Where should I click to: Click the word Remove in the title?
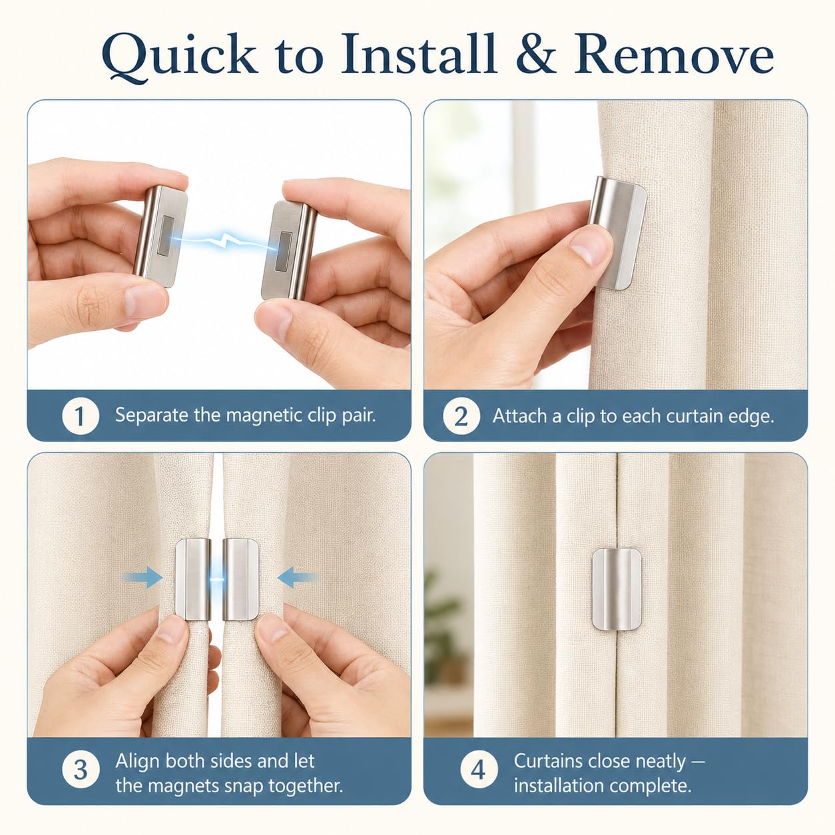[674, 54]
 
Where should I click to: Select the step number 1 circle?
[81, 416]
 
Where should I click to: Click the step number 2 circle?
[461, 416]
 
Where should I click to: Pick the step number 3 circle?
[81, 770]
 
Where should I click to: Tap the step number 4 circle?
[479, 770]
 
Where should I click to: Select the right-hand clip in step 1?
[289, 250]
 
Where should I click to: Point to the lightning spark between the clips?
[224, 240]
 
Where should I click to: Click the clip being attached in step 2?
[618, 234]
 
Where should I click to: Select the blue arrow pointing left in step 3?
[298, 577]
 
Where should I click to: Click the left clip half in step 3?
[193, 579]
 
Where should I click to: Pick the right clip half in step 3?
[240, 579]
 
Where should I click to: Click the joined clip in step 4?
[616, 589]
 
